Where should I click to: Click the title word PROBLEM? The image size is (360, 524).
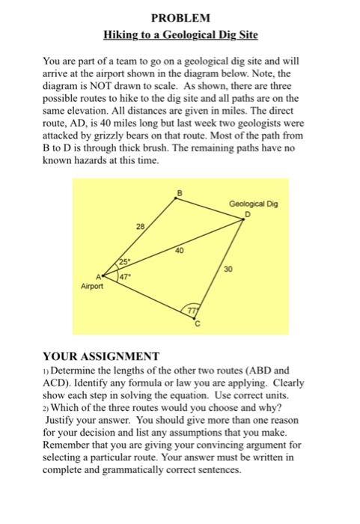pyautogui.click(x=180, y=17)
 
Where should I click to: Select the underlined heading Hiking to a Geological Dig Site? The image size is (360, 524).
pyautogui.click(x=180, y=35)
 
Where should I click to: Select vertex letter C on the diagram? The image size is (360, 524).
pyautogui.click(x=198, y=326)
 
